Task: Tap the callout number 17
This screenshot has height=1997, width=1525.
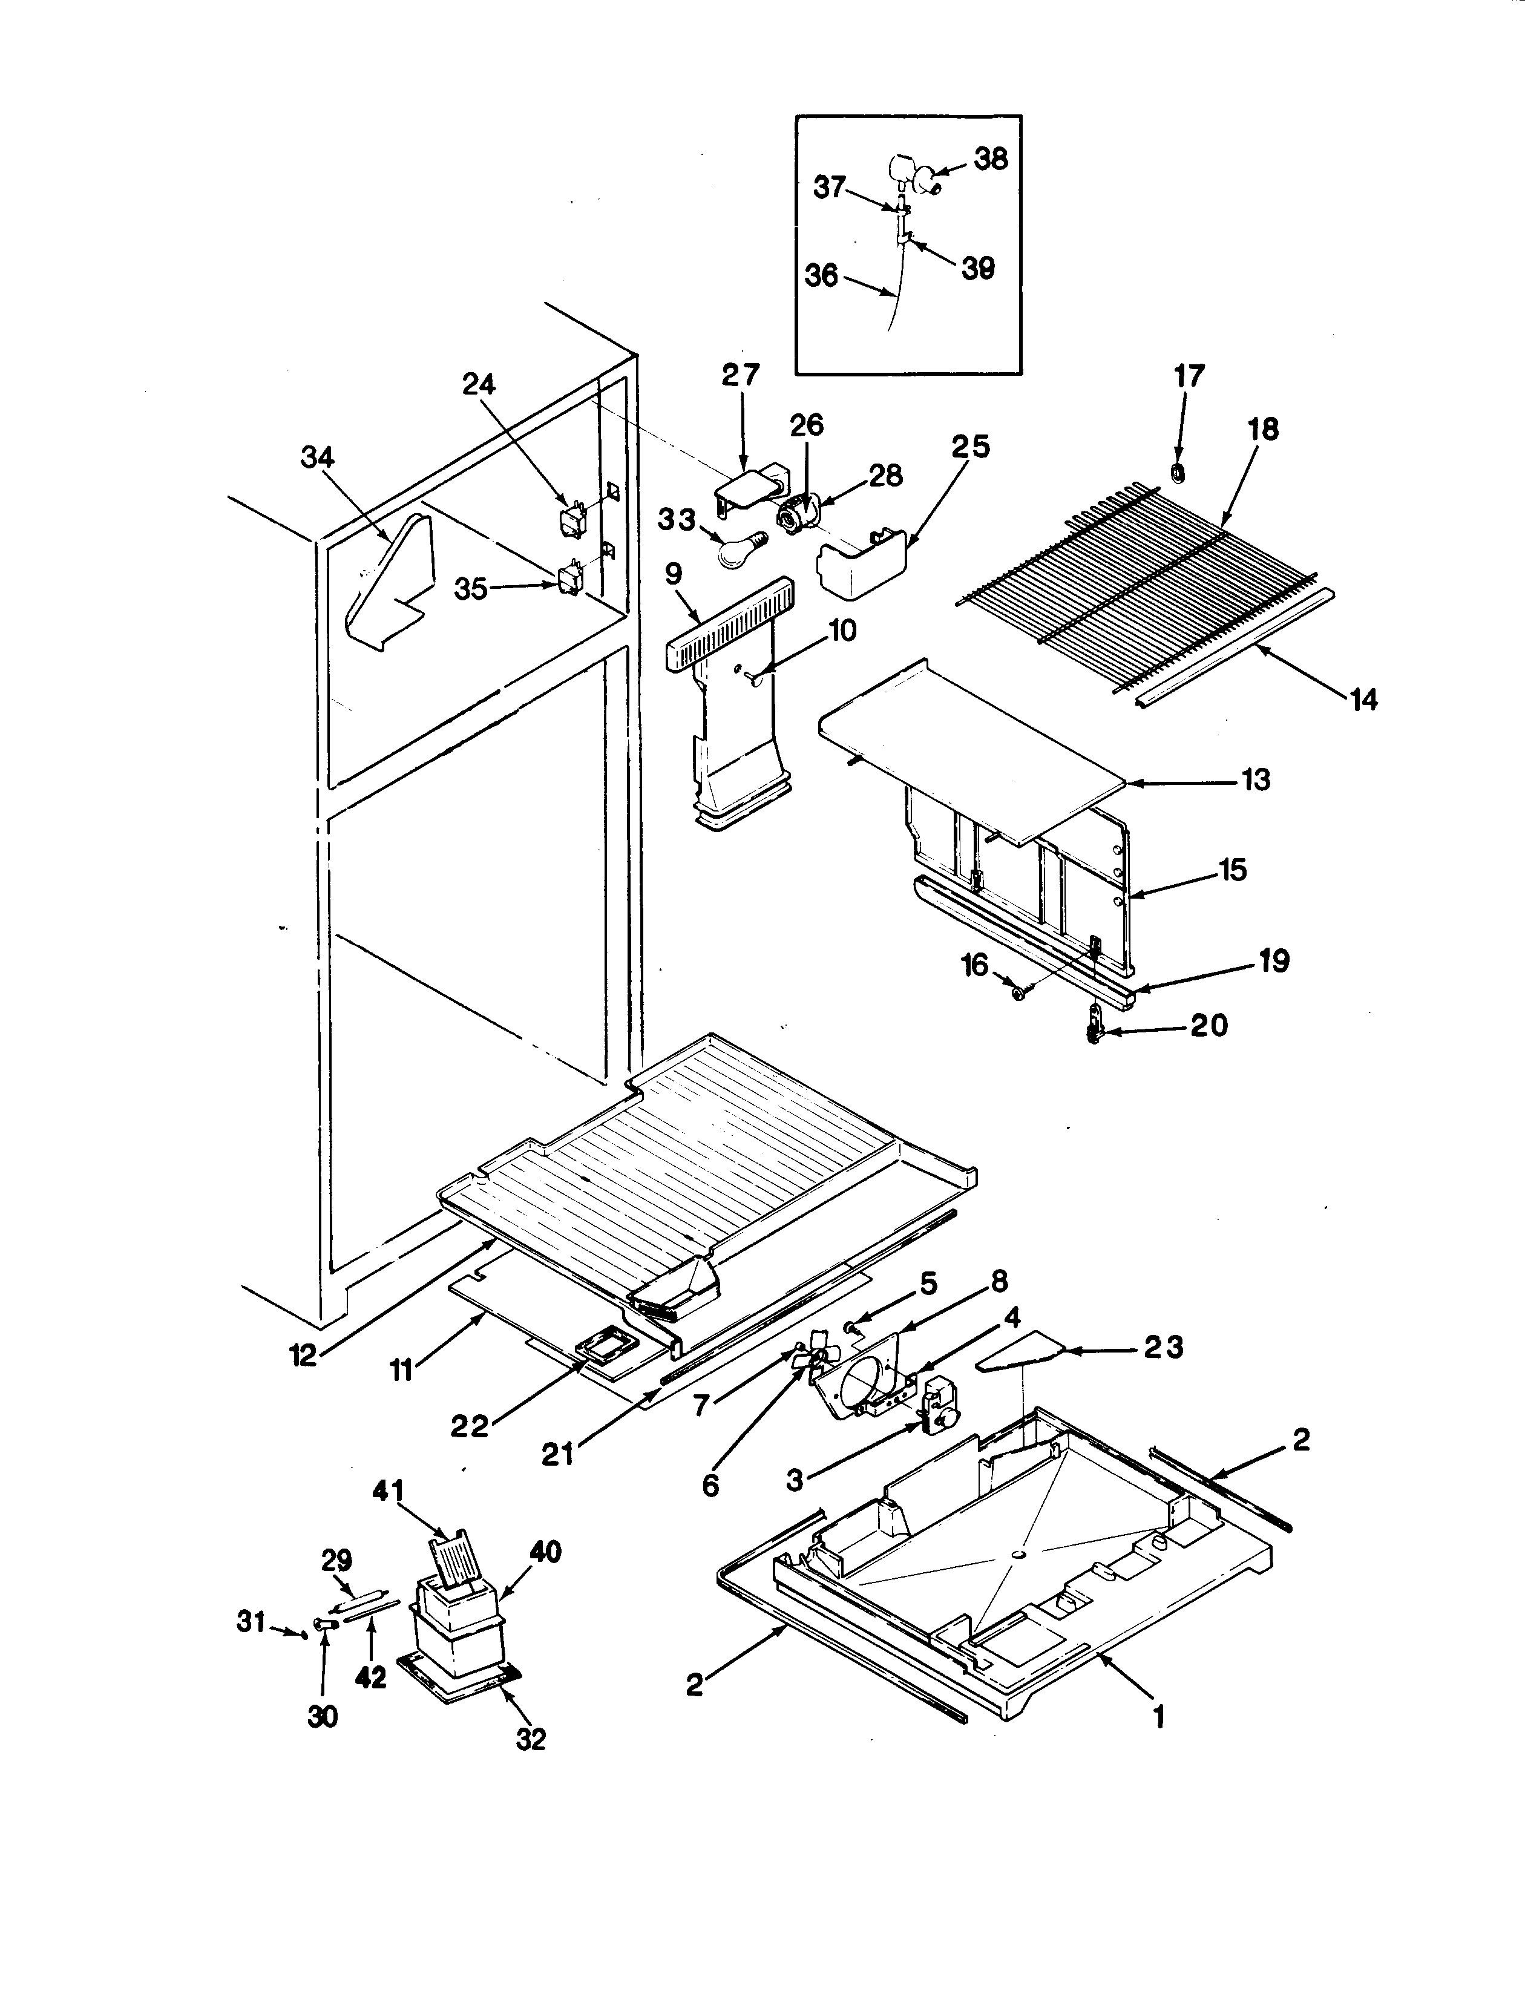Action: pos(1189,375)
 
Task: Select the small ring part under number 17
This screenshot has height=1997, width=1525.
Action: pos(1178,472)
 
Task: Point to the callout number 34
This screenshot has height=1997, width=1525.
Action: pos(318,457)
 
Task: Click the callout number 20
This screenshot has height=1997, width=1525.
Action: pos(1208,1026)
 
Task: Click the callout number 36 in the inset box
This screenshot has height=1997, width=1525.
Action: pos(822,275)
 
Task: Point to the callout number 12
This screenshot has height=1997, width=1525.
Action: pos(303,1356)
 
